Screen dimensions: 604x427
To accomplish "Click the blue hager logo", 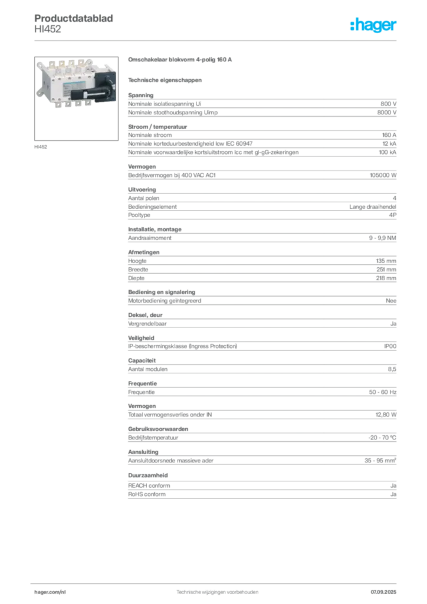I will pyautogui.click(x=375, y=25).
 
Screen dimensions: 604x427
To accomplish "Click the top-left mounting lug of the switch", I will pyautogui.click(x=40, y=64).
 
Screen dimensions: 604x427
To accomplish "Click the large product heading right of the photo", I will pyautogui.click(x=182, y=60).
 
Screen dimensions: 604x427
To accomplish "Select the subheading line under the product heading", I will pyautogui.click(x=165, y=79).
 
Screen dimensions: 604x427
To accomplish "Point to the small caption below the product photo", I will pyautogui.click(x=42, y=146).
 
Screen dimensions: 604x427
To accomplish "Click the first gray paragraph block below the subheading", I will pyautogui.click(x=261, y=106).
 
